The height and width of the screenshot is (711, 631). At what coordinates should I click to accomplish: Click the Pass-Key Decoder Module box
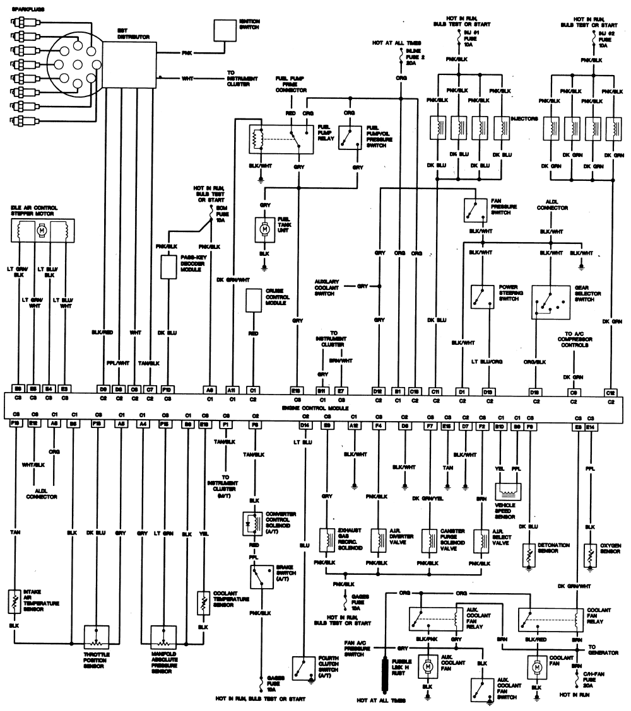168,267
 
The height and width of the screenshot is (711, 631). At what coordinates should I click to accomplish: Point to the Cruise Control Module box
254,299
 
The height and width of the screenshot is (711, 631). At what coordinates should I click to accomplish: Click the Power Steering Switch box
482,297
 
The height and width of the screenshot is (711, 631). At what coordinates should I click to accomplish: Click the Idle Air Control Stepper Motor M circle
42,231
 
